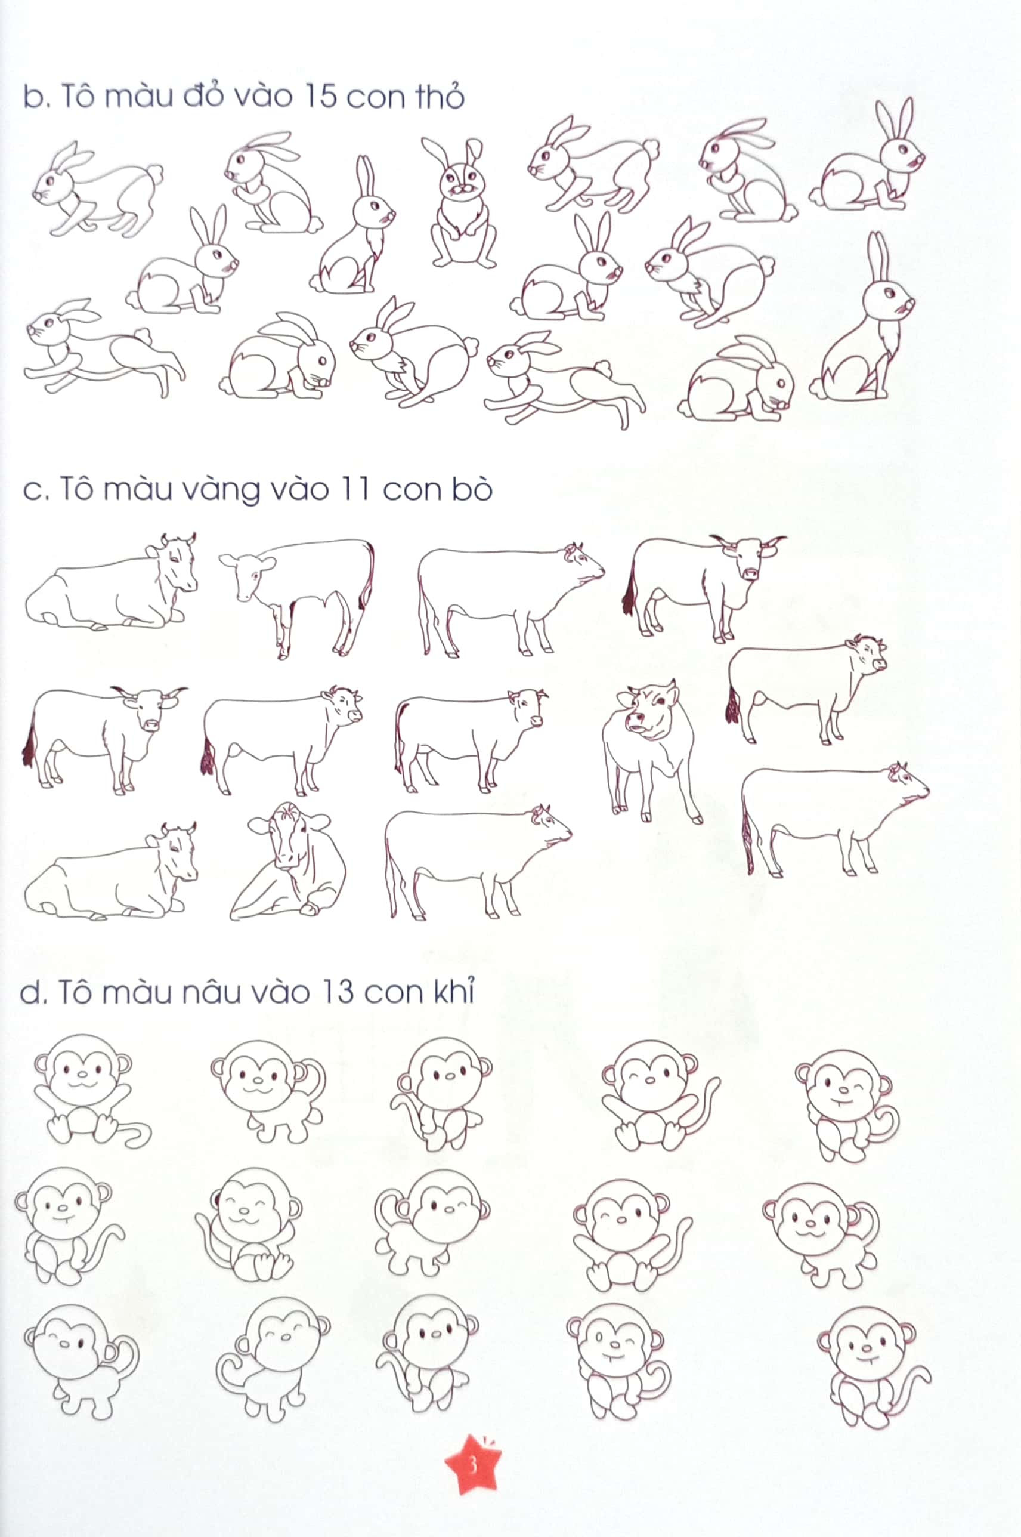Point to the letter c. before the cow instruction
click(x=35, y=490)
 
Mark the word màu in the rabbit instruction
click(x=137, y=97)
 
